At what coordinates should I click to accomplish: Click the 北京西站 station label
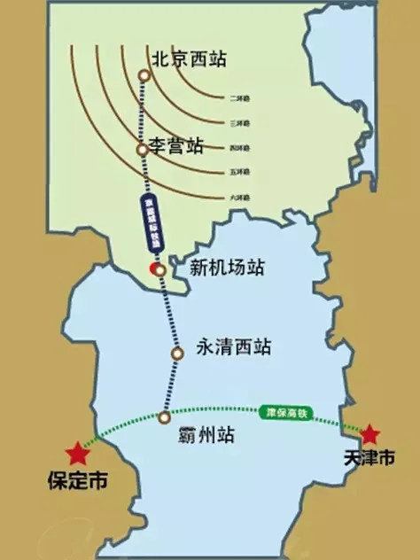click(x=189, y=59)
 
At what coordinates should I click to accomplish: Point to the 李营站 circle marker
click(x=142, y=150)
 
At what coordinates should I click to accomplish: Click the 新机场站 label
click(x=229, y=267)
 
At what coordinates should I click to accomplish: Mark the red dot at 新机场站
click(x=155, y=267)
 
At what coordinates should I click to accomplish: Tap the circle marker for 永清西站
click(x=177, y=353)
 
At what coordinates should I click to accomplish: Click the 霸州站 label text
click(x=201, y=435)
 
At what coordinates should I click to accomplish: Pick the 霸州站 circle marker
click(x=164, y=416)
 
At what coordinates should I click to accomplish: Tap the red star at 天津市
click(x=370, y=434)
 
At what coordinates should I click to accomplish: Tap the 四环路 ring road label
click(x=237, y=146)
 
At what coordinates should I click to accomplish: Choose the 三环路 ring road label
click(x=237, y=121)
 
